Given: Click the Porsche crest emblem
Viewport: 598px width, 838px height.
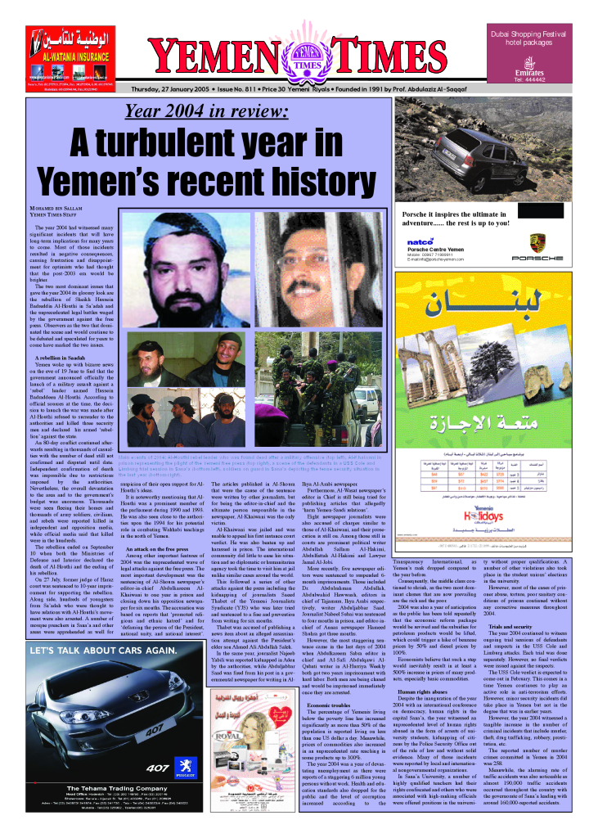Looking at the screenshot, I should coord(537,242).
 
